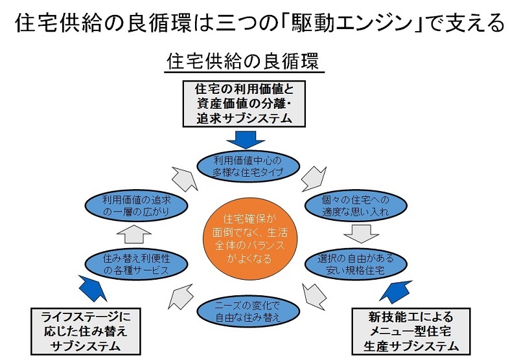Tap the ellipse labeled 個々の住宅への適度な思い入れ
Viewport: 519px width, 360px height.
[x=356, y=205]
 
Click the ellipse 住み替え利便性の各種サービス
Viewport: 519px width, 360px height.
[x=137, y=263]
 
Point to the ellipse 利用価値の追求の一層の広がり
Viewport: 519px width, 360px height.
[x=137, y=205]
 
